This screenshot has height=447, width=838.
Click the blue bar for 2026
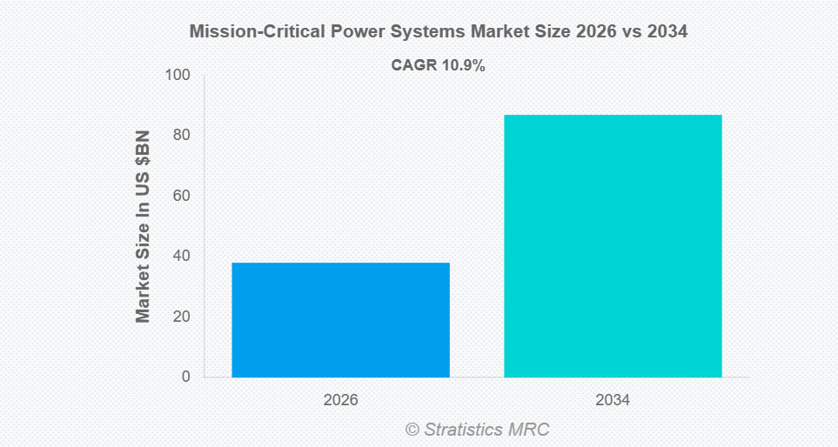[x=340, y=319]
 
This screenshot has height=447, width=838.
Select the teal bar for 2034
[x=613, y=245]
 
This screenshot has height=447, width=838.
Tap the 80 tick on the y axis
[x=182, y=135]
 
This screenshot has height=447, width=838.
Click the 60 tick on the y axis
[x=182, y=196]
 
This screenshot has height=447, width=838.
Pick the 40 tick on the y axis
[x=182, y=256]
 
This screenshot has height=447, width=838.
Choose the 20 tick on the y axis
[x=182, y=317]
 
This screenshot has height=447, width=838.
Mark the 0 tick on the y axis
[x=186, y=377]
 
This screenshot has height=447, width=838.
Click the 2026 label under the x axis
[x=340, y=401]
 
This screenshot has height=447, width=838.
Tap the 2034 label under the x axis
[x=613, y=401]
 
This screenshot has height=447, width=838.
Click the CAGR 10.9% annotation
[x=439, y=65]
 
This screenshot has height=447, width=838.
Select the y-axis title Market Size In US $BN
[x=144, y=226]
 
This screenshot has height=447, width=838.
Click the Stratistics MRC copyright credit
[x=477, y=429]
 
